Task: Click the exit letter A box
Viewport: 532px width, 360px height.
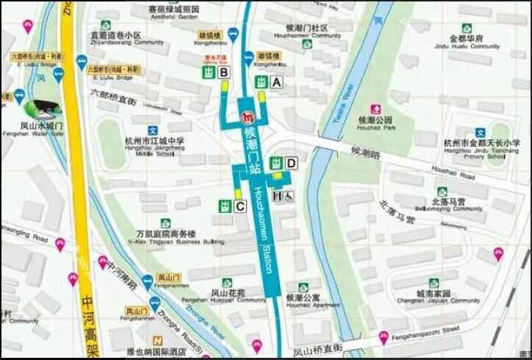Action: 277,83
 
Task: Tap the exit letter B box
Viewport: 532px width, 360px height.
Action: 224,71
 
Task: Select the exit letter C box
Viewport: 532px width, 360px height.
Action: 240,207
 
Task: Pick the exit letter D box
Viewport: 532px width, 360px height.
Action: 291,162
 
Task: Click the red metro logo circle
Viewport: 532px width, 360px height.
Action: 250,116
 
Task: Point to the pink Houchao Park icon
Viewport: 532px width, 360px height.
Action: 375,107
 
